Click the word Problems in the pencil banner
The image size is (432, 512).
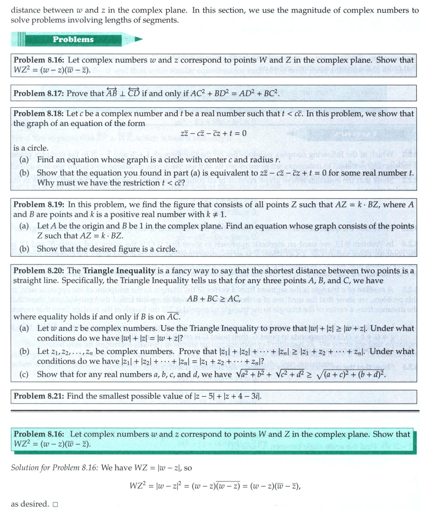click(73, 39)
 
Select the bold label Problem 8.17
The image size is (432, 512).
click(40, 94)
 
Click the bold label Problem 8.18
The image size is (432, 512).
click(40, 113)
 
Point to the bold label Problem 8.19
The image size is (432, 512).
click(40, 205)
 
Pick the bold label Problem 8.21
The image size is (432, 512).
click(40, 396)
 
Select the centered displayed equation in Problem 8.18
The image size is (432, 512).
click(213, 134)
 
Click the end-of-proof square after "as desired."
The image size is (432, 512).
click(55, 504)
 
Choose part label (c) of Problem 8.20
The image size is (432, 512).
click(25, 374)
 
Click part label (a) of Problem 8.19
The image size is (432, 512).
click(25, 226)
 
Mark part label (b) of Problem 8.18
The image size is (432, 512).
click(25, 173)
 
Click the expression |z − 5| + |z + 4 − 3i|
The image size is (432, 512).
click(221, 397)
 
